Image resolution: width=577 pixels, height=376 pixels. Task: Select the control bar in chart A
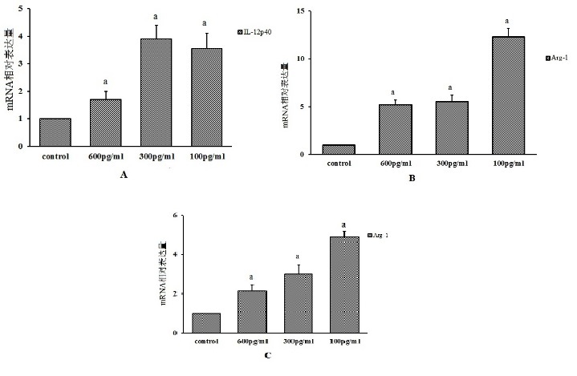pyautogui.click(x=55, y=132)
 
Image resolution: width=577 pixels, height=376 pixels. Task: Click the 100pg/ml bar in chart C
pyautogui.click(x=343, y=285)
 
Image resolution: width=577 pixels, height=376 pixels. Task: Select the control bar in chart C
pyautogui.click(x=206, y=322)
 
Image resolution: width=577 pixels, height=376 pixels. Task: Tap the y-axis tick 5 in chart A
pyautogui.click(x=29, y=9)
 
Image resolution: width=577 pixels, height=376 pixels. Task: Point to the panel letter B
pyautogui.click(x=412, y=178)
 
